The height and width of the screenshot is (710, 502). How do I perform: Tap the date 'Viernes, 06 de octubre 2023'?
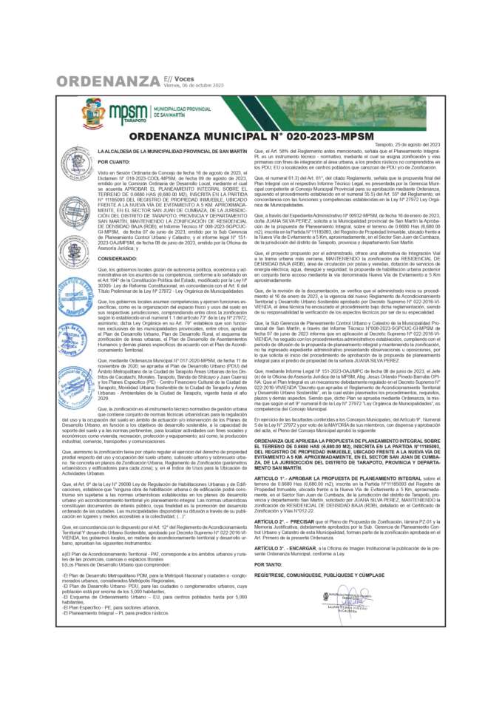pyautogui.click(x=194, y=85)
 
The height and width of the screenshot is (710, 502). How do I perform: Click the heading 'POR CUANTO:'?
pyautogui.click(x=114, y=160)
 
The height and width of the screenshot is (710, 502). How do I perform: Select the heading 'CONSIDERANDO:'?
pyautogui.click(x=118, y=259)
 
